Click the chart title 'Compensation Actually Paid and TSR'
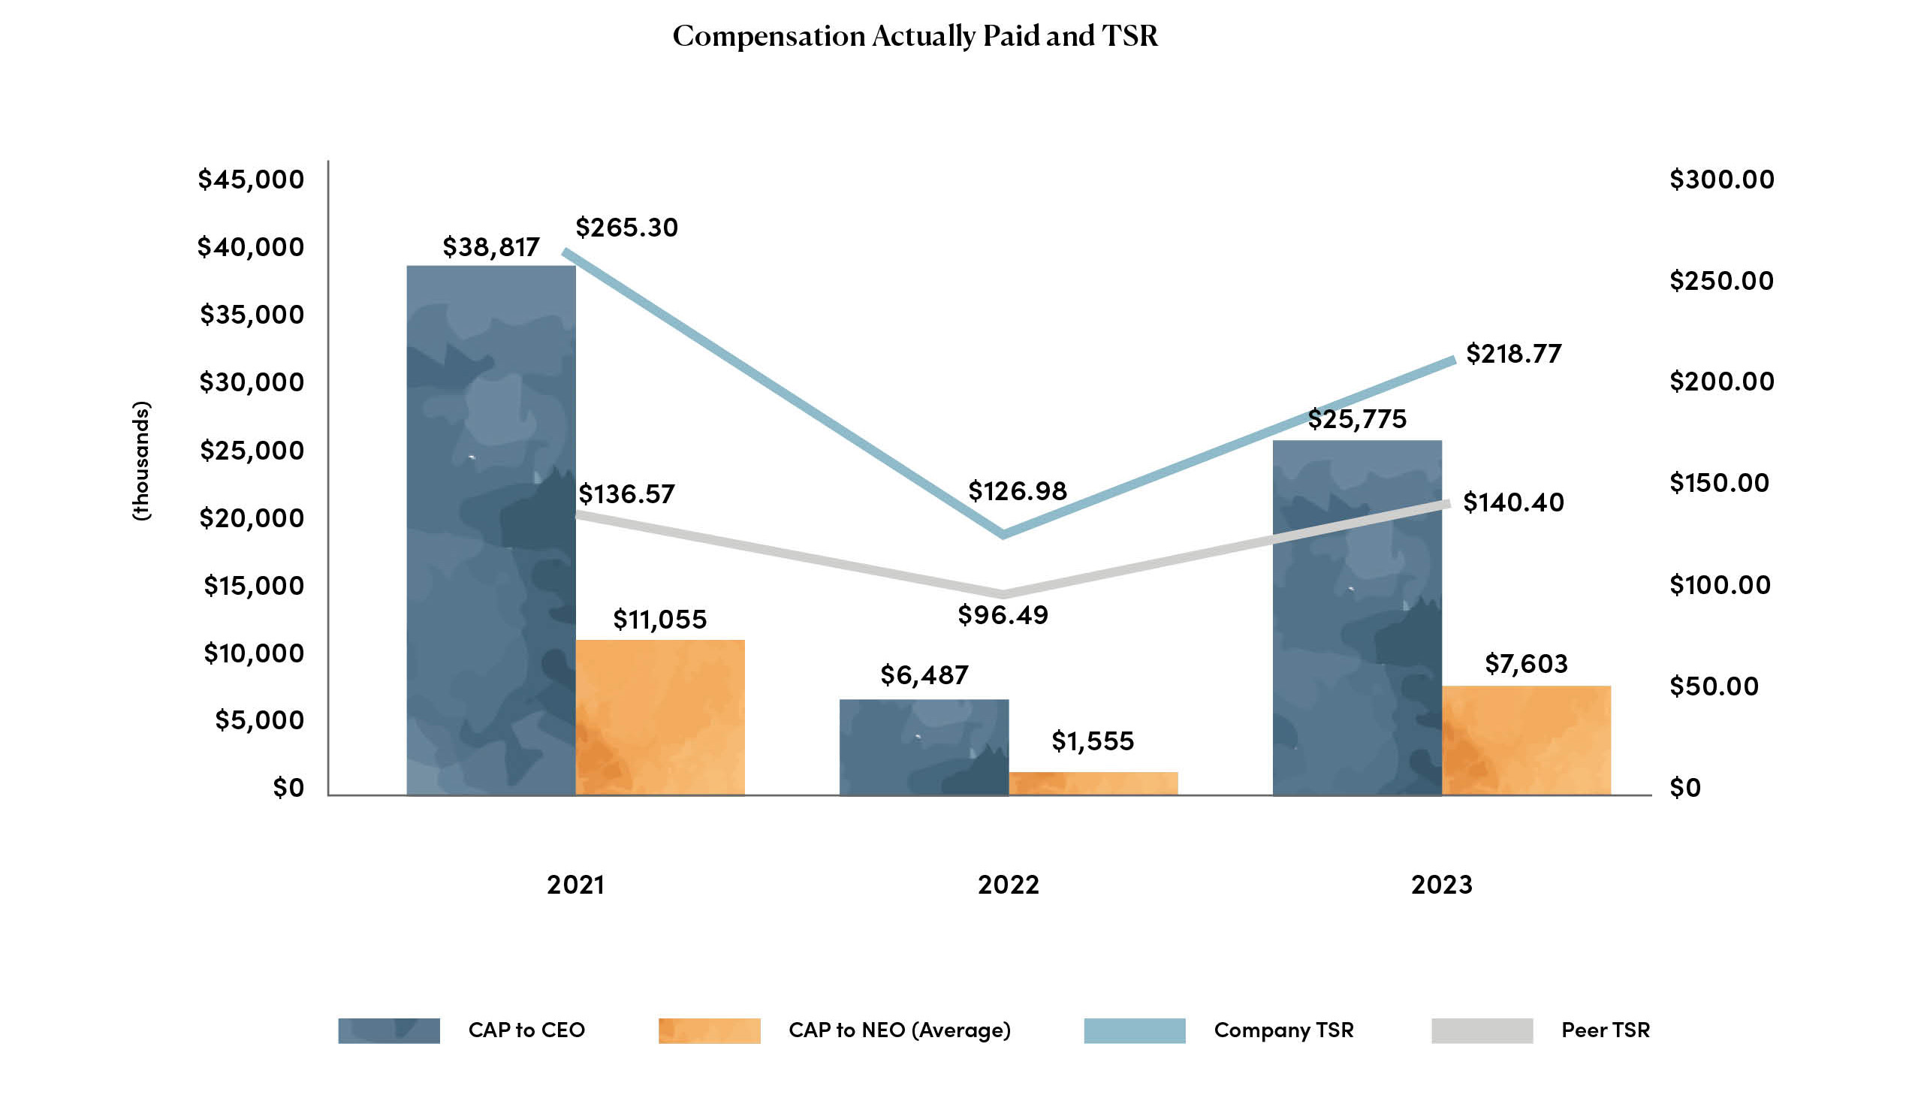(x=915, y=36)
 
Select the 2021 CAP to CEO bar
(x=490, y=529)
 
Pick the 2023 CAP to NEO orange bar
(x=1526, y=741)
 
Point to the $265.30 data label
(x=627, y=228)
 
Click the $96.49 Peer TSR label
(x=1003, y=615)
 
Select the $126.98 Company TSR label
(x=1017, y=491)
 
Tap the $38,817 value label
(x=490, y=247)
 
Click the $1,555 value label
(x=1093, y=741)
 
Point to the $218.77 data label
(x=1513, y=354)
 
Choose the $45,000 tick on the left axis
(x=250, y=180)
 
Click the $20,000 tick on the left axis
(x=251, y=519)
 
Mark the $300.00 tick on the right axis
(x=1721, y=180)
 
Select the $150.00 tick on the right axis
(x=1719, y=483)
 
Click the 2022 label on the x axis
(x=1008, y=885)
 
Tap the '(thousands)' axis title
(x=141, y=460)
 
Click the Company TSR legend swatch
(x=1134, y=1030)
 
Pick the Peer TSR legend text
(x=1605, y=1030)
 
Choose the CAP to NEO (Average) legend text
(x=899, y=1030)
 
